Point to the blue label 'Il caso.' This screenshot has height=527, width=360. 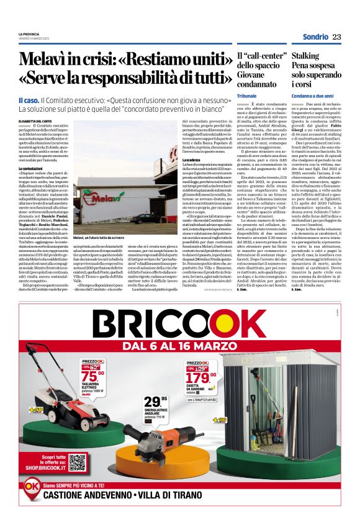(x=29, y=99)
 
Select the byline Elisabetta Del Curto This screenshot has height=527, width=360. (x=35, y=121)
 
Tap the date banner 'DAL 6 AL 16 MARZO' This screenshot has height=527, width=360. (x=180, y=345)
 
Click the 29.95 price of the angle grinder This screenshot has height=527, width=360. (x=155, y=402)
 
